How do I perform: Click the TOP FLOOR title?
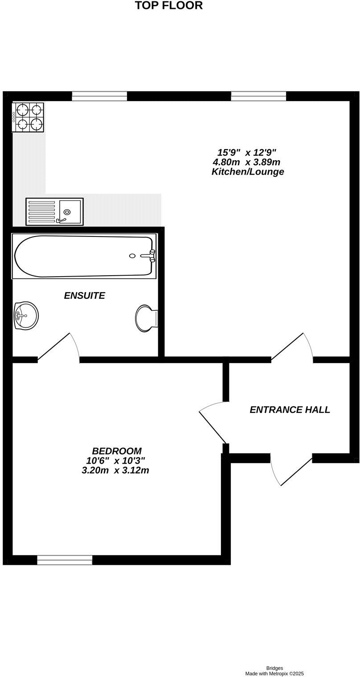coord(168,6)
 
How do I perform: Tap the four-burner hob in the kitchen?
coord(28,117)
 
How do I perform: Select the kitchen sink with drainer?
coord(54,211)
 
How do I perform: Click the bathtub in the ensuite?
coord(84,256)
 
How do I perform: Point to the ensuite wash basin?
coord(26,315)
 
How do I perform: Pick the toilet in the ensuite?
coord(147,318)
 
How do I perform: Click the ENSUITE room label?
coord(84,295)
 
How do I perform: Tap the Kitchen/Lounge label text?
coord(247,171)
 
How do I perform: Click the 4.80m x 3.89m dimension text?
coord(246,162)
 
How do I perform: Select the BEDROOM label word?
coord(117,451)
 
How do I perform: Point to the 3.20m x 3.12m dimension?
coord(115,470)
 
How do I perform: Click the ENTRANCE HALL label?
coord(290,410)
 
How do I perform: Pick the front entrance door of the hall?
coord(292,471)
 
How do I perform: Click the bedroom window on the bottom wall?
coord(65,560)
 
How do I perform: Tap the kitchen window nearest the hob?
coord(99,96)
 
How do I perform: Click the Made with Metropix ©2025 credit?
coord(274,674)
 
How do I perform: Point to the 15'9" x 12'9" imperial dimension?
coord(249,152)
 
